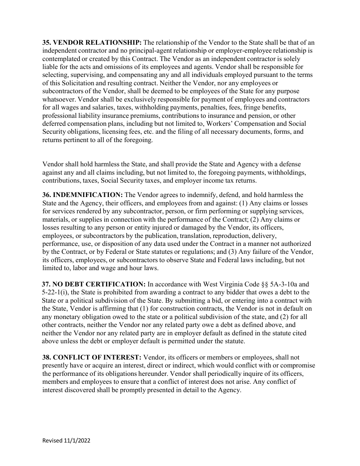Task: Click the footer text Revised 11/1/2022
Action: pyautogui.click(x=66, y=441)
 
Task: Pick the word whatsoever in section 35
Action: pyautogui.click(x=58, y=99)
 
